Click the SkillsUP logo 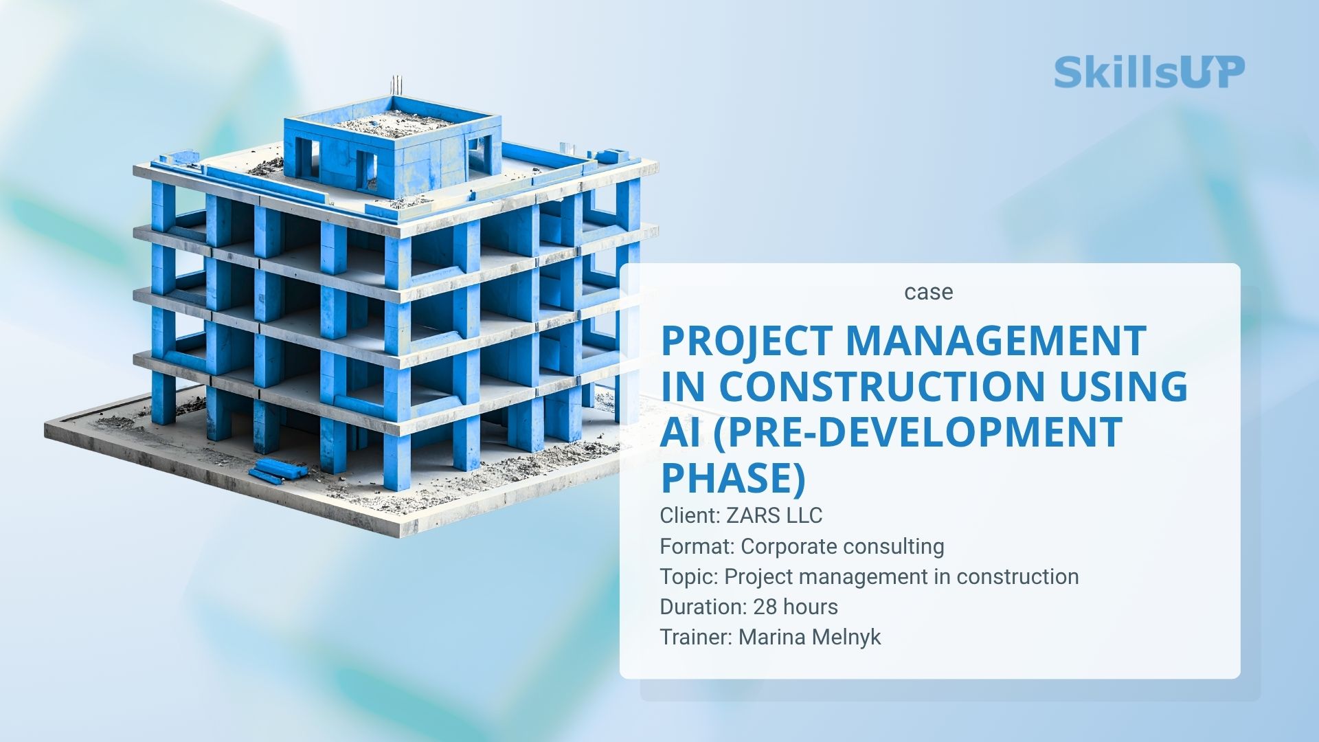[x=1149, y=72]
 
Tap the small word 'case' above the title [x=928, y=292]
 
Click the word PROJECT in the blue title [x=747, y=341]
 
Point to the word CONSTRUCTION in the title [x=882, y=386]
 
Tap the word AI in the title [x=681, y=431]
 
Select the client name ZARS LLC [x=774, y=515]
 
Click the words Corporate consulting [x=842, y=547]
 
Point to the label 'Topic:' [x=689, y=577]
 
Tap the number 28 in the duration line [x=765, y=607]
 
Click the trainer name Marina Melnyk [x=809, y=638]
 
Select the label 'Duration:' [x=703, y=607]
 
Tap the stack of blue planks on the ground [x=278, y=470]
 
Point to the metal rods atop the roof [x=396, y=86]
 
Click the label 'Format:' [x=697, y=547]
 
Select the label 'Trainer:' [x=697, y=638]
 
